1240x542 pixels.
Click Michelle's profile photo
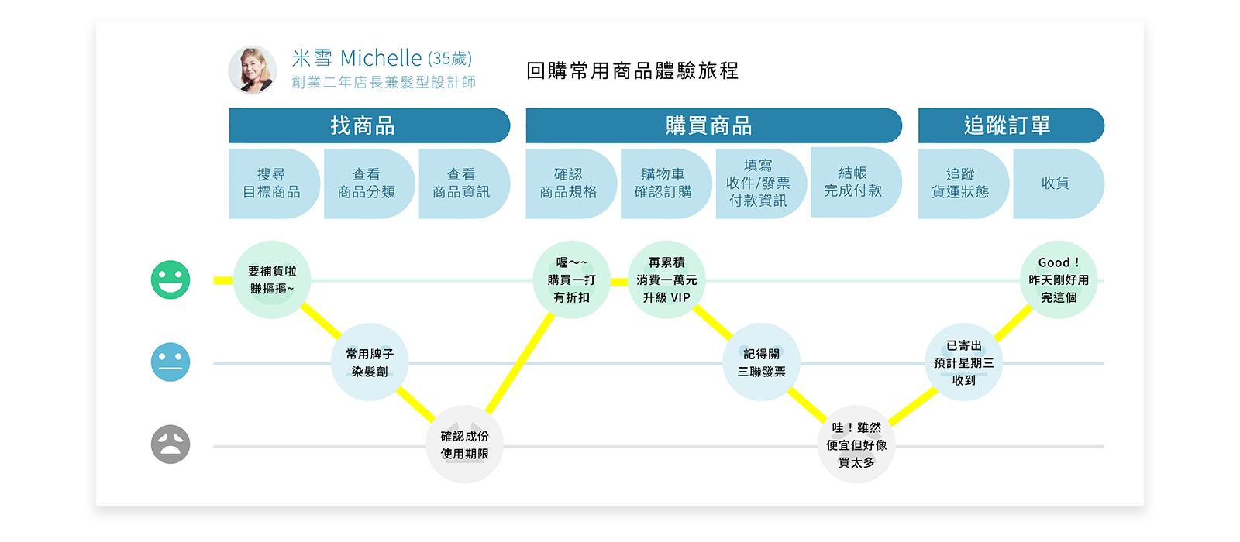pyautogui.click(x=253, y=70)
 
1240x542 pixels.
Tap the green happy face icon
pyautogui.click(x=170, y=280)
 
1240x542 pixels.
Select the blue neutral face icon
pyautogui.click(x=170, y=362)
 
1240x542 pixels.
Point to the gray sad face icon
pyautogui.click(x=170, y=444)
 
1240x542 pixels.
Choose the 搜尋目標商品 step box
pyautogui.click(x=273, y=184)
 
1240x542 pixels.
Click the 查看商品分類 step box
pyautogui.click(x=367, y=184)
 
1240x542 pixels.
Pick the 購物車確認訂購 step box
pyautogui.click(x=664, y=184)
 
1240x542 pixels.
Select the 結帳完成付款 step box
pyautogui.click(x=854, y=182)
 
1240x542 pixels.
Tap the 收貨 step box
pyautogui.click(x=1056, y=184)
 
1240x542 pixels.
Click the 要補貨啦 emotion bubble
pyautogui.click(x=272, y=280)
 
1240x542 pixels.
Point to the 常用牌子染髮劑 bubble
pyautogui.click(x=370, y=362)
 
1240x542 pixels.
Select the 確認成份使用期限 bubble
pyautogui.click(x=465, y=444)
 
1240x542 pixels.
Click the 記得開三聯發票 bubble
pyautogui.click(x=762, y=362)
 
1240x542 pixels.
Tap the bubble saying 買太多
pyautogui.click(x=856, y=444)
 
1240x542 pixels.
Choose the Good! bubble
pyautogui.click(x=1059, y=280)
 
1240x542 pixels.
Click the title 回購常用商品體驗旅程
pyautogui.click(x=632, y=71)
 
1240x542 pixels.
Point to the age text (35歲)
pyautogui.click(x=449, y=59)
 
